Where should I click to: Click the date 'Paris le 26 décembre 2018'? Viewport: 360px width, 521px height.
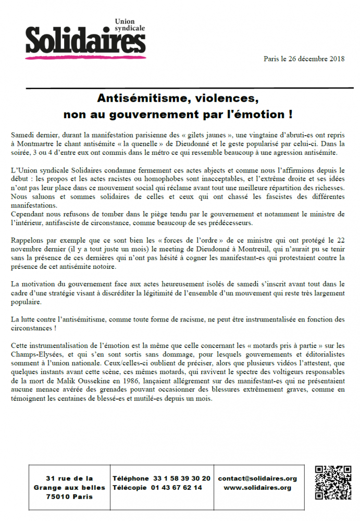304,59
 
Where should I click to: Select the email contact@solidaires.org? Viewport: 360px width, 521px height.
257,478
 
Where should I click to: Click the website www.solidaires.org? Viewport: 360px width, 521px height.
257,488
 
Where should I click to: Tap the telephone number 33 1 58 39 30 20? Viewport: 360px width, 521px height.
182,478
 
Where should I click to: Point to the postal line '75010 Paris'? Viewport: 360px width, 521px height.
69,497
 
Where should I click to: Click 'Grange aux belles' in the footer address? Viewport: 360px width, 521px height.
69,488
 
